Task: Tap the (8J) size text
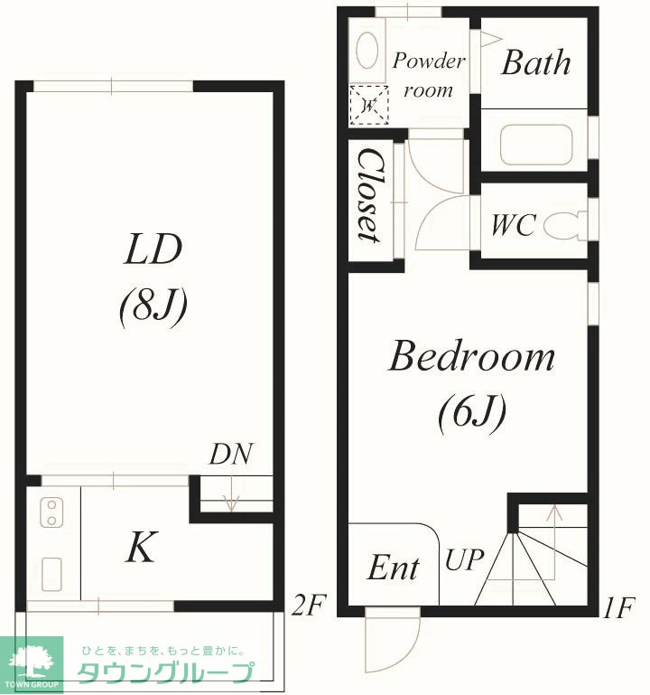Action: (x=153, y=305)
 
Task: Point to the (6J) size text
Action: (x=472, y=412)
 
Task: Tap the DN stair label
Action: (x=231, y=454)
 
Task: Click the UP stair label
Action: (x=464, y=559)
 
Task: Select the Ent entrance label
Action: (x=394, y=568)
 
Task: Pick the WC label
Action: (x=514, y=225)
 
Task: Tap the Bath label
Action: (x=536, y=63)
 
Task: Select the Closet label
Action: (x=370, y=195)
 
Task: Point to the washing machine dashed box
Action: (x=369, y=105)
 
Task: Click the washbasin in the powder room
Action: (x=367, y=51)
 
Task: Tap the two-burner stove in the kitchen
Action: (x=51, y=512)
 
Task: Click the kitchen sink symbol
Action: (x=51, y=574)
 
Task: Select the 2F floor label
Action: (x=309, y=606)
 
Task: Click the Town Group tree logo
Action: (x=32, y=662)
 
